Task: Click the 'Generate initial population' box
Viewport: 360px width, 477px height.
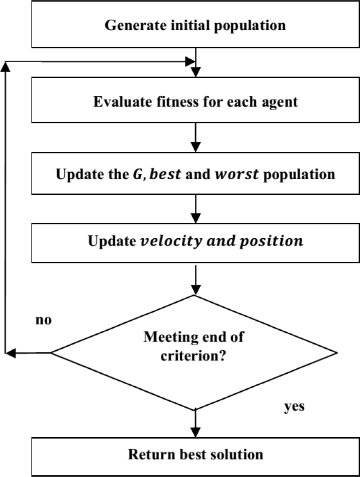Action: [195, 25]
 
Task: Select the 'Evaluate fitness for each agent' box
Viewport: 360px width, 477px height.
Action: [195, 102]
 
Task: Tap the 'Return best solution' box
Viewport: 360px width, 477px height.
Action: [195, 454]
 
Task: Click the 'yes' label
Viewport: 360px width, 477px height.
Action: [294, 406]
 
